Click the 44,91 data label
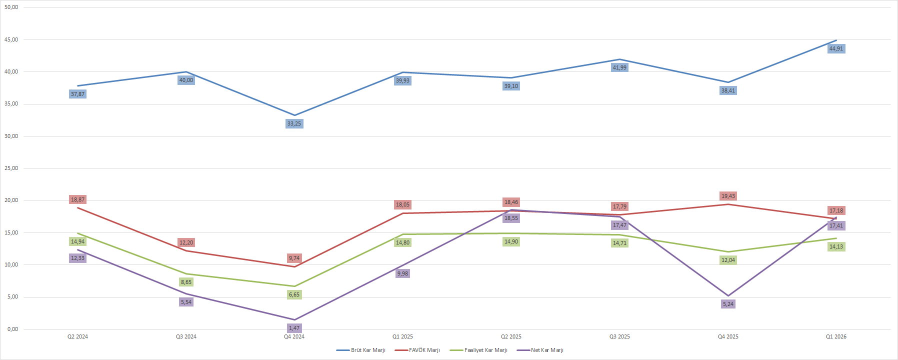click(x=836, y=48)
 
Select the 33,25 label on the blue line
click(x=294, y=123)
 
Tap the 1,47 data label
click(x=294, y=328)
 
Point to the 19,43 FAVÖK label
click(x=728, y=196)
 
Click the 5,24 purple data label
click(x=728, y=304)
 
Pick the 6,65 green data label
click(x=294, y=294)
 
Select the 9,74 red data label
click(x=294, y=258)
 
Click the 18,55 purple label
click(x=511, y=218)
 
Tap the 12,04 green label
click(x=728, y=260)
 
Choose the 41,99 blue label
click(x=619, y=67)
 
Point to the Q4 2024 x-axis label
click(x=294, y=336)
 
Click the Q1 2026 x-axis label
click(x=836, y=336)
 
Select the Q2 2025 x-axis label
click(x=511, y=336)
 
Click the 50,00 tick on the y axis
click(x=11, y=7)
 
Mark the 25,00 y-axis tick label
click(x=11, y=168)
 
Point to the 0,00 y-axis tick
click(x=12, y=329)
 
